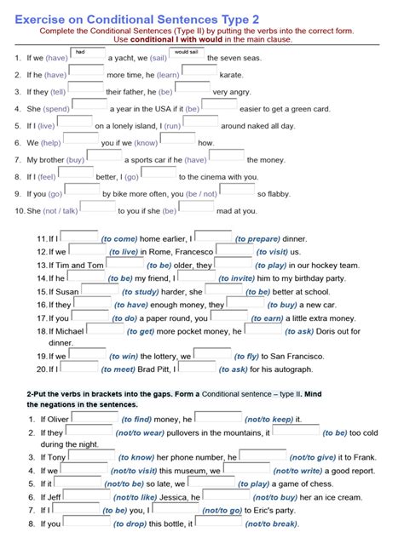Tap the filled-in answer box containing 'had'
(86, 54)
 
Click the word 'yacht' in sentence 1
(120, 58)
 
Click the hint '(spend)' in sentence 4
(56, 109)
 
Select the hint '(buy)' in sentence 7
(75, 160)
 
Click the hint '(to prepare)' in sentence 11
(258, 239)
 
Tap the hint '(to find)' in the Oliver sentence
(136, 420)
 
